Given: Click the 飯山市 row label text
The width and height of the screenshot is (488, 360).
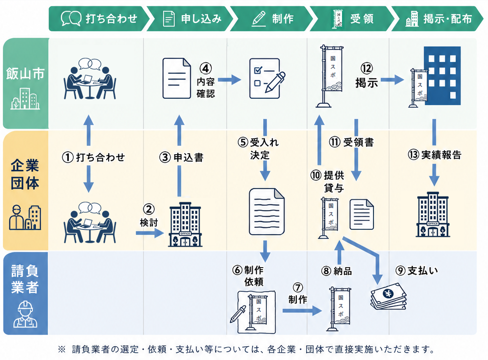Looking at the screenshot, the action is click(25, 74).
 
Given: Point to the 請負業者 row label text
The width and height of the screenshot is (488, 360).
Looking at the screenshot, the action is click(25, 279).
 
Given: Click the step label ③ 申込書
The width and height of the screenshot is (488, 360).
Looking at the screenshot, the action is click(181, 157).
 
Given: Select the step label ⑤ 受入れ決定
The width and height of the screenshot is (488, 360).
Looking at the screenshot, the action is click(258, 148).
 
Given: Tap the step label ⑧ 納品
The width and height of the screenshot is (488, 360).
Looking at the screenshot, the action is click(337, 271).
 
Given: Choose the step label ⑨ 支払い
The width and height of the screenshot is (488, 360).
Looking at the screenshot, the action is click(416, 271).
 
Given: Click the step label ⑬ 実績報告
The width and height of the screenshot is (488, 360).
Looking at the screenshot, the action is click(434, 155).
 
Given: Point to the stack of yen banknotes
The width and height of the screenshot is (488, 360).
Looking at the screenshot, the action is click(388, 296).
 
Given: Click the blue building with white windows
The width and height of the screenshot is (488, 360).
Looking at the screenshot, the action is click(442, 76).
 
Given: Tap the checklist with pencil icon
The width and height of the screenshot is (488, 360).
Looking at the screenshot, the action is click(267, 79).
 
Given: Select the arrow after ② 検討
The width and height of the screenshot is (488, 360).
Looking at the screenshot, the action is click(150, 233).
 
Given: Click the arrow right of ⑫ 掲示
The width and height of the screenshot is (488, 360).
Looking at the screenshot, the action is click(392, 80).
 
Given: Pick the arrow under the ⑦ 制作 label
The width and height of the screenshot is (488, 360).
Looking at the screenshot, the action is click(302, 310).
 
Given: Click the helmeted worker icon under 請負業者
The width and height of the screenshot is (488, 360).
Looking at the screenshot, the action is click(25, 314).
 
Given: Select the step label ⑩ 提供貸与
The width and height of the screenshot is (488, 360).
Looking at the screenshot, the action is click(327, 181).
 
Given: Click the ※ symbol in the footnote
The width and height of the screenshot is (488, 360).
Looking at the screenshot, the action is click(61, 349).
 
